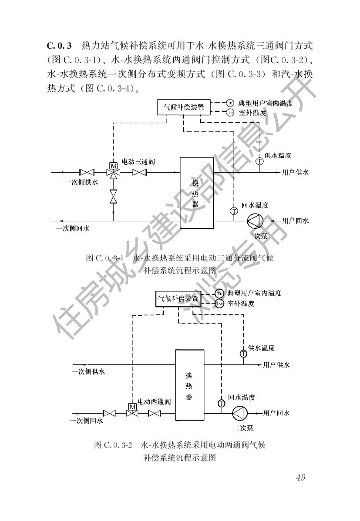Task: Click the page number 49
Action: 300,477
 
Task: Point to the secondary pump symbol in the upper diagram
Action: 254,221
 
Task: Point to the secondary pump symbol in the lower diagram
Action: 240,413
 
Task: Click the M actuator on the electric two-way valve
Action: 131,406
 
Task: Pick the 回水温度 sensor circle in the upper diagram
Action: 234,211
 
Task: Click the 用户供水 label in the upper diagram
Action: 295,173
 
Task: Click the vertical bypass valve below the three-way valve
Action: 114,196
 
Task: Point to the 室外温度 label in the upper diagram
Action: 253,113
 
